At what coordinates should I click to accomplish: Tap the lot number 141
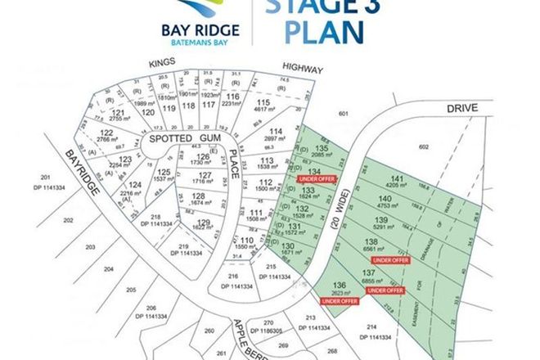point(398,178)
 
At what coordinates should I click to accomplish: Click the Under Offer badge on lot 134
point(316,178)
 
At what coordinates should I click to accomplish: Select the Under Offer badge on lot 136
point(338,301)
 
